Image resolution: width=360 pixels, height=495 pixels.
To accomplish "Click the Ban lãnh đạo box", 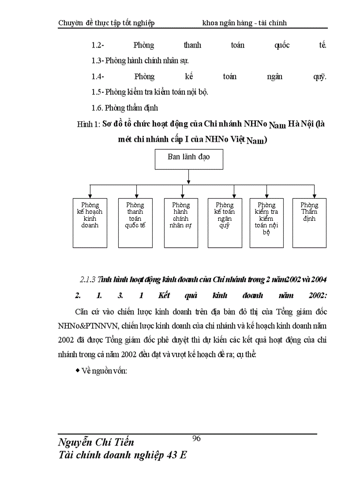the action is (189, 159).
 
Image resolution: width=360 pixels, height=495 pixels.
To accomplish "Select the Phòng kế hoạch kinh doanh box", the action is (90, 223).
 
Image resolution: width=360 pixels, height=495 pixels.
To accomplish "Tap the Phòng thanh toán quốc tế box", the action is (135, 223).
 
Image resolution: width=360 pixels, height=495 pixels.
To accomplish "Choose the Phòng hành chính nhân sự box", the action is (181, 223).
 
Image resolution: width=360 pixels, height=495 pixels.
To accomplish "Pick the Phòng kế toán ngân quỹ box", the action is (225, 223).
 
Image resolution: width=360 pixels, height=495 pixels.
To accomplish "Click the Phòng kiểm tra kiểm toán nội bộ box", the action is (266, 223).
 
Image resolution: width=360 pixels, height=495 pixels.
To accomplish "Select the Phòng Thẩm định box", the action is (309, 223).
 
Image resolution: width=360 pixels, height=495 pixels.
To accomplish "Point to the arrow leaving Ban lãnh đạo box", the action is (189, 176).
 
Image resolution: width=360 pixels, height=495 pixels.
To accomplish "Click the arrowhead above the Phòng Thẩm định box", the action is (314, 194).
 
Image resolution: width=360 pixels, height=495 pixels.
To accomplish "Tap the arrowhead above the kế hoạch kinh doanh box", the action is (90, 194).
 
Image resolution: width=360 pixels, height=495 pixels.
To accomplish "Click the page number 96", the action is (197, 438).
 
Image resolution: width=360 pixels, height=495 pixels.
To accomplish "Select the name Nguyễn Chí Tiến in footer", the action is (96, 442).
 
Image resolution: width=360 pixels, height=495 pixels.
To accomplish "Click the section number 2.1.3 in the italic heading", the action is (88, 280).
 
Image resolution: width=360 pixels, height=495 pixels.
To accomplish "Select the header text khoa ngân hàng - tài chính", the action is (244, 23).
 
